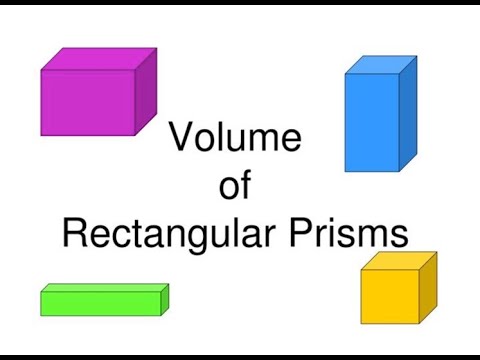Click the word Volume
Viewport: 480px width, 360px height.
point(235,138)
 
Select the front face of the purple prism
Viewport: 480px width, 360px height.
point(88,102)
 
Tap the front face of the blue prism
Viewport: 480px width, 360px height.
point(371,121)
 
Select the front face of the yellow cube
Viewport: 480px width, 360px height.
point(389,296)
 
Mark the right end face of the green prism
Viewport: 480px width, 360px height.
point(165,299)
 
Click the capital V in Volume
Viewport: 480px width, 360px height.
point(181,138)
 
